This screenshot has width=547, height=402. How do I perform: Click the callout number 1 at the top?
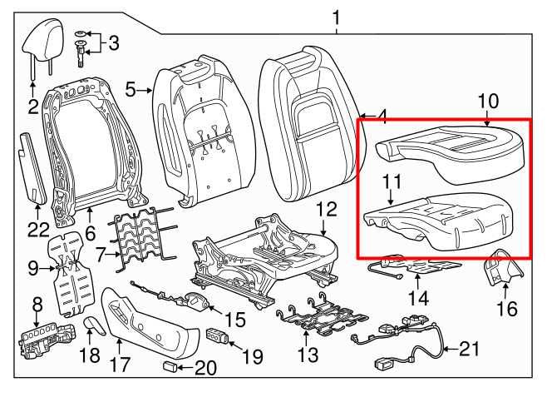(x=337, y=17)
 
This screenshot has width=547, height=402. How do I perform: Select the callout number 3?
(x=114, y=42)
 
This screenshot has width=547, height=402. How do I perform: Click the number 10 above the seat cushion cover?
(x=487, y=102)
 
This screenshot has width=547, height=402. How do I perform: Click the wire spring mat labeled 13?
(x=320, y=319)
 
